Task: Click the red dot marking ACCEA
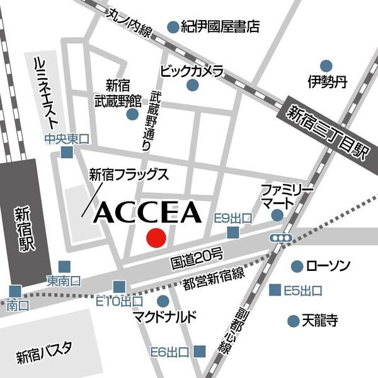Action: click(x=156, y=238)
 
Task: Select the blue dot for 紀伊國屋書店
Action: click(x=173, y=26)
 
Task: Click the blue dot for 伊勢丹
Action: click(x=326, y=66)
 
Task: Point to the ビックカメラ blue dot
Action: click(x=193, y=85)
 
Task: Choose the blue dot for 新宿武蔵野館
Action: click(x=132, y=114)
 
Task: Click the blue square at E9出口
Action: click(x=234, y=233)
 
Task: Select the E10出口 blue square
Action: click(x=119, y=287)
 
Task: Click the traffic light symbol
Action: click(x=280, y=238)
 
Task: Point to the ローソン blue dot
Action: click(x=296, y=266)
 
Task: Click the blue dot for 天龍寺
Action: click(x=293, y=321)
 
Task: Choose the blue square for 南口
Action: click(x=14, y=291)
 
